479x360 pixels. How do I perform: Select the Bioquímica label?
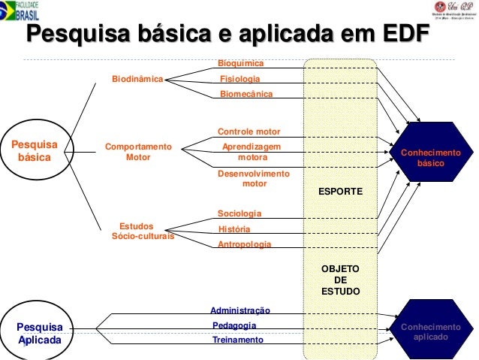[x=240, y=64]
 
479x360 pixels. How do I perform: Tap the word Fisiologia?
[x=240, y=79]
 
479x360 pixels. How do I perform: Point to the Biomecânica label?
[x=246, y=94]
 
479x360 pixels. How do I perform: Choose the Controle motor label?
[x=249, y=132]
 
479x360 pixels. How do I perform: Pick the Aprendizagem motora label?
[x=252, y=153]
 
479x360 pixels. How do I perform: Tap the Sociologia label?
[x=239, y=213]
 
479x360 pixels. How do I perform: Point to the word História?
[x=233, y=229]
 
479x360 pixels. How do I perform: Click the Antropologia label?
[x=245, y=245]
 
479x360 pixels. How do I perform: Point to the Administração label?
[x=240, y=310]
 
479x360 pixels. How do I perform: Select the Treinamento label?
[x=239, y=340]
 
